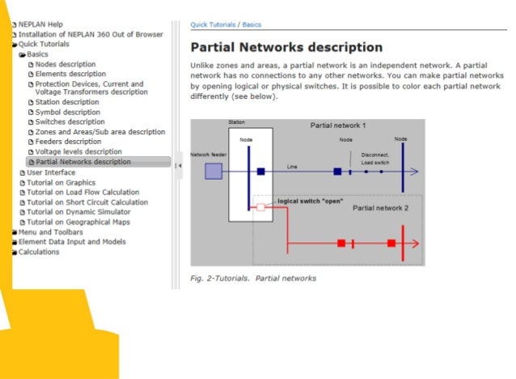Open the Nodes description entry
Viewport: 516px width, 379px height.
click(66, 64)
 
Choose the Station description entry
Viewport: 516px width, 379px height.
click(67, 103)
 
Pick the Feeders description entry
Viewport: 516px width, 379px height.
click(68, 142)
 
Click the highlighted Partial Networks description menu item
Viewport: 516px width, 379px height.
click(82, 162)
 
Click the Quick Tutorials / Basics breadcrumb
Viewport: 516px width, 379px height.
click(226, 25)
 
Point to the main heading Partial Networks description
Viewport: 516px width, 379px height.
click(286, 47)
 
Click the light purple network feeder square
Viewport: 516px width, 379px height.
click(213, 171)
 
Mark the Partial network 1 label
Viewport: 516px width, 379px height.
click(338, 126)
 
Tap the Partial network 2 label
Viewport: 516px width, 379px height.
click(381, 208)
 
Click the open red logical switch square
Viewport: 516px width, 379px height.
click(260, 207)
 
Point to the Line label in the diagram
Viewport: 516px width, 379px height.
click(292, 167)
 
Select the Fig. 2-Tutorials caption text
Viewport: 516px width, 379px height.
click(253, 279)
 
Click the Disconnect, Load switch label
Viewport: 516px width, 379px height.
click(375, 159)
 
